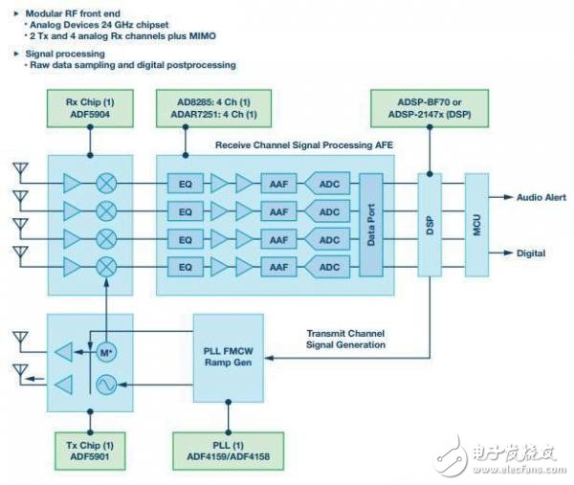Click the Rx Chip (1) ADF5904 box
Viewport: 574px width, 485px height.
pyautogui.click(x=90, y=108)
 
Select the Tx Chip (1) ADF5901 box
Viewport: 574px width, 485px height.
pyautogui.click(x=90, y=451)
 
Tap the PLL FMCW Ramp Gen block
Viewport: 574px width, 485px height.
pyautogui.click(x=229, y=358)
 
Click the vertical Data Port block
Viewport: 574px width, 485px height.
pyautogui.click(x=371, y=225)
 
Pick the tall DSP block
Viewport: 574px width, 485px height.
pyautogui.click(x=430, y=225)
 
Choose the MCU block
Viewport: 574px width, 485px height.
pyautogui.click(x=476, y=225)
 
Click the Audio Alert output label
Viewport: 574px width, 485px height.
pyautogui.click(x=541, y=197)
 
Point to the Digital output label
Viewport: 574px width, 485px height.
pyautogui.click(x=531, y=253)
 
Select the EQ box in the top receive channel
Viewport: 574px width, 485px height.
pyautogui.click(x=186, y=184)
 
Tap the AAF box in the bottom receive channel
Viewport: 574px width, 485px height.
pyautogui.click(x=278, y=267)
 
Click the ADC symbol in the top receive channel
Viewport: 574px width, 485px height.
pyautogui.click(x=327, y=184)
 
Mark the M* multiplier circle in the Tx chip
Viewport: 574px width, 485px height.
pyautogui.click(x=106, y=352)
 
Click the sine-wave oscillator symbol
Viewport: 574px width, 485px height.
pyautogui.click(x=106, y=385)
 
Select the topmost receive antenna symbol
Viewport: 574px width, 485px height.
pyautogui.click(x=20, y=172)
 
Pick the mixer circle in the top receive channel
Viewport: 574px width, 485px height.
pyautogui.click(x=106, y=184)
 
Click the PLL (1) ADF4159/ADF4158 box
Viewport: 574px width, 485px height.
pyautogui.click(x=228, y=451)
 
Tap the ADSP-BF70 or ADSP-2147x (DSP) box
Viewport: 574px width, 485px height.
pyautogui.click(x=430, y=108)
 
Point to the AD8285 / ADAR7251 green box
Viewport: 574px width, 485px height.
pyautogui.click(x=213, y=108)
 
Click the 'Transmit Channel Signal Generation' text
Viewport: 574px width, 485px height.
pyautogui.click(x=345, y=339)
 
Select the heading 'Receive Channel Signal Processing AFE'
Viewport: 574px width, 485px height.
pyautogui.click(x=304, y=145)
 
